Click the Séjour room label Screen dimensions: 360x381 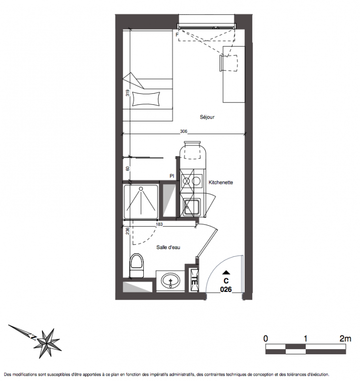point(207,117)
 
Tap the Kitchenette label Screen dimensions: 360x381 point(220,182)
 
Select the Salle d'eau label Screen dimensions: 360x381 point(168,247)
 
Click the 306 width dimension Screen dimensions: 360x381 point(184,131)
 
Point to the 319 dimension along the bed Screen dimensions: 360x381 point(128,93)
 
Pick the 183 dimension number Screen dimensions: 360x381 point(159,224)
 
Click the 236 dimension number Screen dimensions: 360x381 point(128,231)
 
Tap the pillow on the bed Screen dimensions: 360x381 point(146,99)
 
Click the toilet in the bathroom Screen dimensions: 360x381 point(137,266)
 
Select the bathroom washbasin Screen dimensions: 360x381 point(170,281)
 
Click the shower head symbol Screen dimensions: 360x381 point(140,189)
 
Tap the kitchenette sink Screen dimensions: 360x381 point(192,207)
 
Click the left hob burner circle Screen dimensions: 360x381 point(186,181)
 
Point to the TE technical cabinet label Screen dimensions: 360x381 point(194,280)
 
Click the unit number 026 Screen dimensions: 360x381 point(226,290)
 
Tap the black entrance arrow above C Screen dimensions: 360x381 point(226,272)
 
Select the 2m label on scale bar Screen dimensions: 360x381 point(345,339)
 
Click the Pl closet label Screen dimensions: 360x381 point(172,176)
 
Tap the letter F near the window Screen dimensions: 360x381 point(177,35)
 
